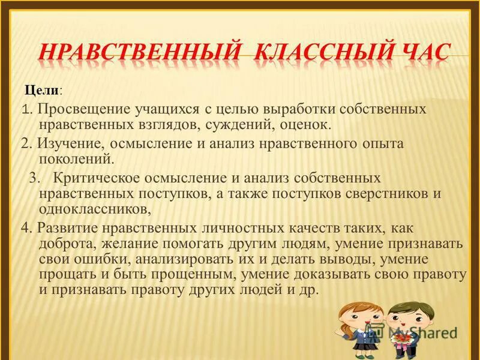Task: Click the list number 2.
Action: [25, 144]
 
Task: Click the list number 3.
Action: [34, 178]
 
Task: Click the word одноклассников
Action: [93, 208]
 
